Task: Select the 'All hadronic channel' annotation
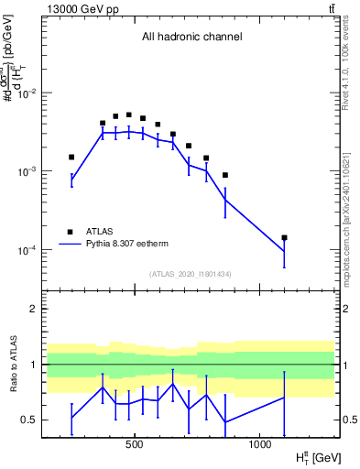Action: (191, 38)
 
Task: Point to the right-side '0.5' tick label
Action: (348, 420)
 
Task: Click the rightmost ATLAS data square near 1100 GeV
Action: (285, 237)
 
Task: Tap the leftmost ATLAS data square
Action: (71, 157)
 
